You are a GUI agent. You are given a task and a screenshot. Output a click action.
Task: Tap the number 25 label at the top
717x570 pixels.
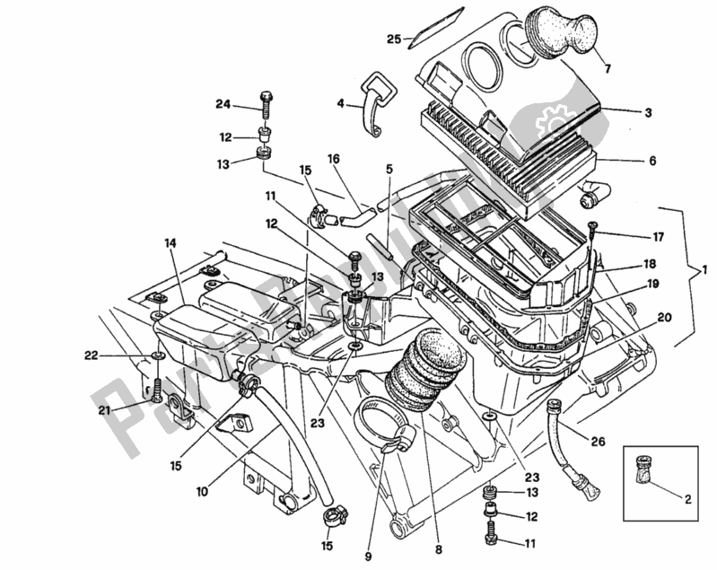[x=394, y=39]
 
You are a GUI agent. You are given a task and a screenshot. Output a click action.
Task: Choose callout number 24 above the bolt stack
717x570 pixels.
[x=223, y=104]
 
